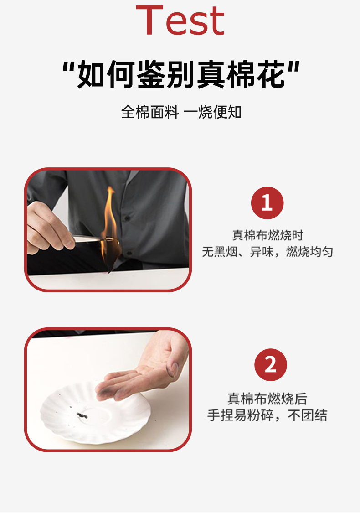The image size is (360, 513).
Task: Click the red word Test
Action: (180, 20)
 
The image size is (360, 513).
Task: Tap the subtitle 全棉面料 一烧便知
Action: (181, 112)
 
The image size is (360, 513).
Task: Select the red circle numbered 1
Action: (267, 203)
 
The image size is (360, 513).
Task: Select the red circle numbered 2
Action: (270, 364)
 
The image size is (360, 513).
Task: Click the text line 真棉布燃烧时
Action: (267, 235)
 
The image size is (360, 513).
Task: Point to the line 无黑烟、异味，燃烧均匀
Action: (267, 252)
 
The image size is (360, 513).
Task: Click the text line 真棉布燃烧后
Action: (267, 399)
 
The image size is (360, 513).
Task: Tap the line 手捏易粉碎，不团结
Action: (267, 415)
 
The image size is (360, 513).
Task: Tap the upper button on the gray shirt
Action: (127, 218)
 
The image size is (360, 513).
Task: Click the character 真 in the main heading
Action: (211, 74)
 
